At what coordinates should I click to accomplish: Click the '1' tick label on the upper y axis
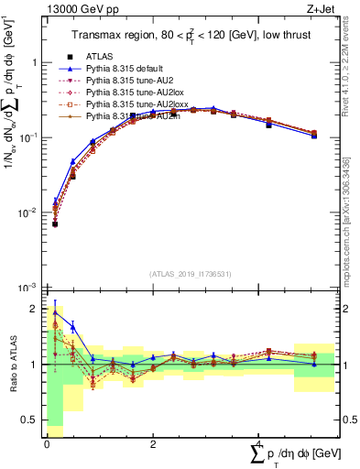36,63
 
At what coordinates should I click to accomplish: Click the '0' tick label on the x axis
47,443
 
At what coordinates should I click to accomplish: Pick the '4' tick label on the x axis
258,443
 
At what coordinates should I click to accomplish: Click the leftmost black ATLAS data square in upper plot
55,224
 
